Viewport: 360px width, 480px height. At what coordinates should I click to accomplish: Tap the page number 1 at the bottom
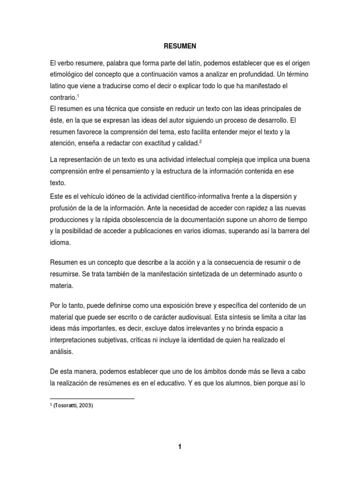coord(180,447)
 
